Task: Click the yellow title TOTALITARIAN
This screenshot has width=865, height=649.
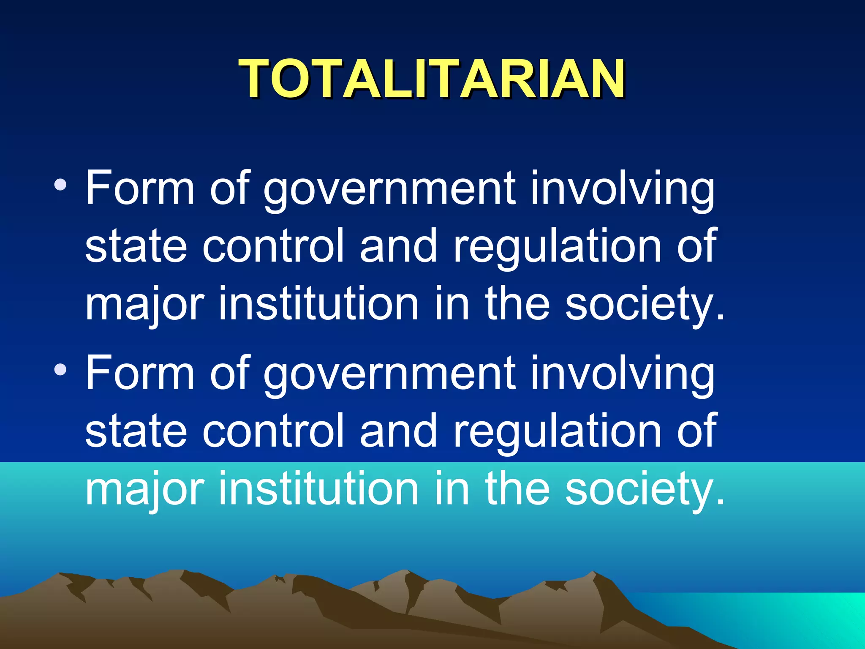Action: [x=432, y=79]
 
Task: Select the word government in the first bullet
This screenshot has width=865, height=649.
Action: [x=389, y=190]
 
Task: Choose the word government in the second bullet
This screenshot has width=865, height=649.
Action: [x=389, y=375]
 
